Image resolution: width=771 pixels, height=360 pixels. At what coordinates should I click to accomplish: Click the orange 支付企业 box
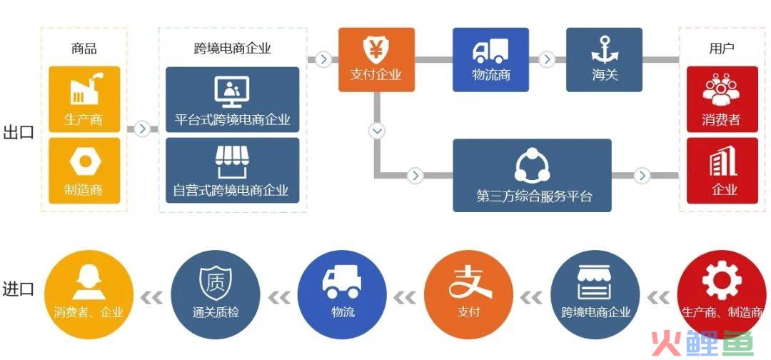376,59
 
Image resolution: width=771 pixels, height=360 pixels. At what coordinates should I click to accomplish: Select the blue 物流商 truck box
490,59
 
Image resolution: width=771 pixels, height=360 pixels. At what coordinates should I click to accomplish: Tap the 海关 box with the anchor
604,59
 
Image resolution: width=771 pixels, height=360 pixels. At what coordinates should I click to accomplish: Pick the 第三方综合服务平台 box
532,175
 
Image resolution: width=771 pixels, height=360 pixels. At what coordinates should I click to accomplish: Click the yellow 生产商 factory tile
84,99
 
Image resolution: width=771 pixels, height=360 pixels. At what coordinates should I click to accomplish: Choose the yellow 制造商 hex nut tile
84,170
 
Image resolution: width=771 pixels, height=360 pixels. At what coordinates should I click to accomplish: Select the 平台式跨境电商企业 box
232,99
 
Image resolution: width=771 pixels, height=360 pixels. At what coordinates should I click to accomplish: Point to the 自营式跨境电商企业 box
232,170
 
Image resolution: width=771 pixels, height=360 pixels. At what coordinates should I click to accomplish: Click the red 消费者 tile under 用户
722,99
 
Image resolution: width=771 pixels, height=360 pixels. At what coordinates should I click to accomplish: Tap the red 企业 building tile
722,170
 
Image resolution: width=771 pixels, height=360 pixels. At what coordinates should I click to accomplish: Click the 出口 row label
19,133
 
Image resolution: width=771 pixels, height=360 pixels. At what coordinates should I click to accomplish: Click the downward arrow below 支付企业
377,131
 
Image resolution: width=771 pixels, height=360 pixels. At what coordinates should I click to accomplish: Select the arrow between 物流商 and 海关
547,59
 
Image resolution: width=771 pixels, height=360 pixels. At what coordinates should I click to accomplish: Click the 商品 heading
84,49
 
